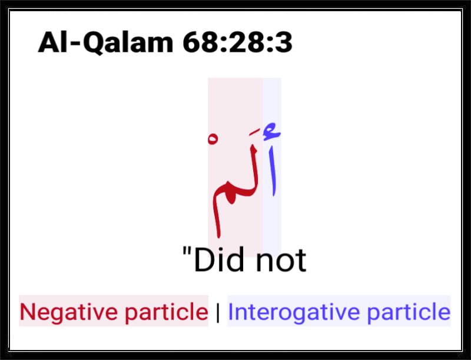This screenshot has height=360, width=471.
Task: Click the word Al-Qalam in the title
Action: coord(106,42)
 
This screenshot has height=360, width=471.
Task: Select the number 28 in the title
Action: coord(246,42)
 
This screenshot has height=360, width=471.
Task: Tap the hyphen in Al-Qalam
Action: coord(76,44)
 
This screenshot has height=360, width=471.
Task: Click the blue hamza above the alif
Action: coord(271,131)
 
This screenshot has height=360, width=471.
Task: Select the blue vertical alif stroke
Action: coord(273,171)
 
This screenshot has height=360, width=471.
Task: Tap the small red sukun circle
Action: coord(213,139)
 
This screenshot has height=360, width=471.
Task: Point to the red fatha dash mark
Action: coord(255,132)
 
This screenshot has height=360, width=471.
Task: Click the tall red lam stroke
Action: coord(254,169)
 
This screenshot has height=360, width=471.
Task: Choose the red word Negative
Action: coord(69,312)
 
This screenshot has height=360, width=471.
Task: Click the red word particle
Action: coord(167,312)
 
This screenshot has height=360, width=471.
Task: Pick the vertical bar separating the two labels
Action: coord(218,312)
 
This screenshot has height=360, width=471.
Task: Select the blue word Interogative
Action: coord(294,312)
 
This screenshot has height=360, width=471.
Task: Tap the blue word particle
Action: coord(409,312)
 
